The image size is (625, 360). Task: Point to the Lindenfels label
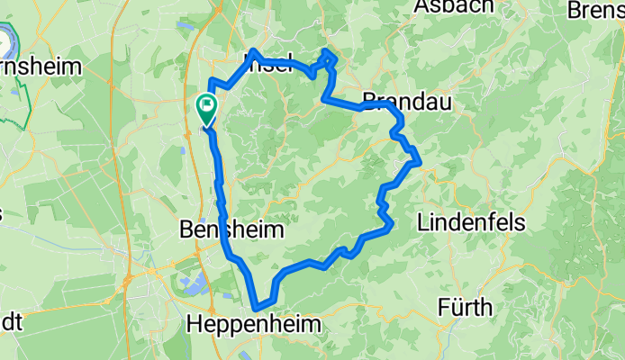click(466, 220)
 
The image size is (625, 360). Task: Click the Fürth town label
click(465, 308)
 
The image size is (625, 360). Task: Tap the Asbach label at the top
click(455, 7)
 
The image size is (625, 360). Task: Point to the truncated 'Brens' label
click(595, 10)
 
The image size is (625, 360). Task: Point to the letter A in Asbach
click(421, 7)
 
